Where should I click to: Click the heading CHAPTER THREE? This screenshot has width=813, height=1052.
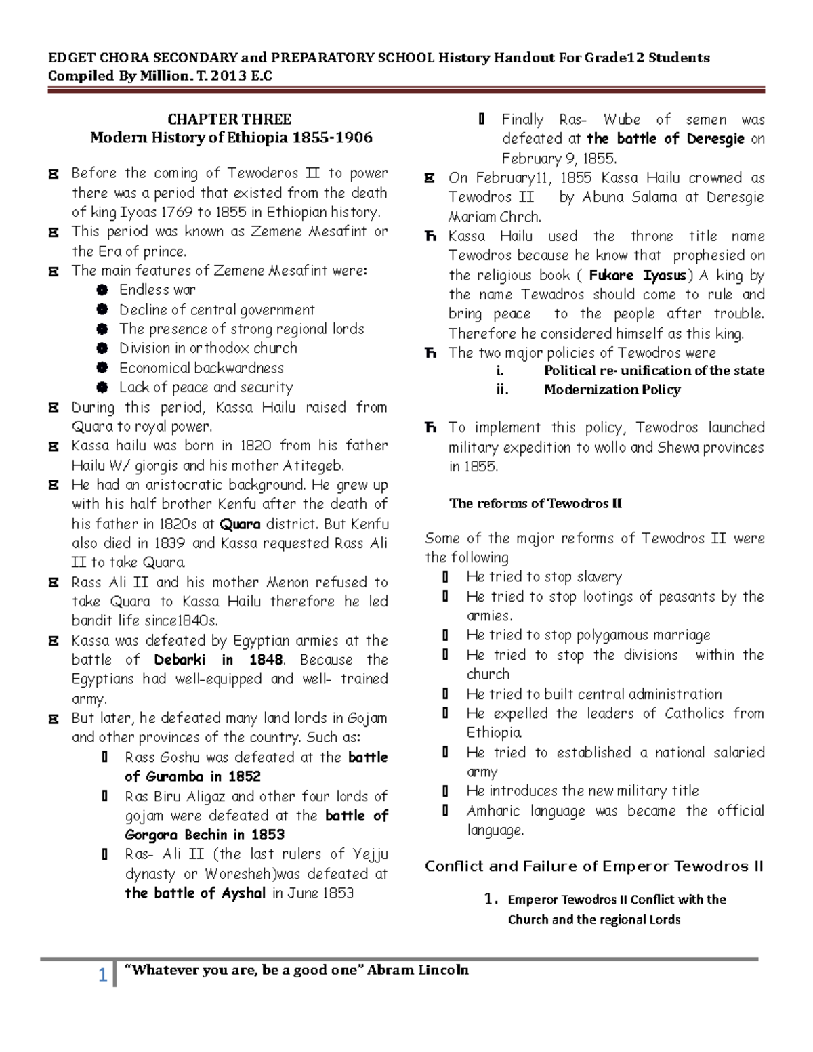[229, 119]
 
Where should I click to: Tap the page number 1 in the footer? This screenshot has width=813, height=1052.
[102, 975]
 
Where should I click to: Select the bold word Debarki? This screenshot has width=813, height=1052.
[180, 660]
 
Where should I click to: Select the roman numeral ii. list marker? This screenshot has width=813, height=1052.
[502, 390]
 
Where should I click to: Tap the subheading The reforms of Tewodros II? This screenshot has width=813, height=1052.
[535, 503]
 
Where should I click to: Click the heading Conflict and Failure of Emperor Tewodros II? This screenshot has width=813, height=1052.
[593, 866]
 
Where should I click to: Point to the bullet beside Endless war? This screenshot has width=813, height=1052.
[102, 290]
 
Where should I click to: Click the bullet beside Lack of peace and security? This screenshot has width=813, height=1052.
[102, 387]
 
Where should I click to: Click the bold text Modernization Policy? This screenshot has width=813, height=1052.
[612, 390]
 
